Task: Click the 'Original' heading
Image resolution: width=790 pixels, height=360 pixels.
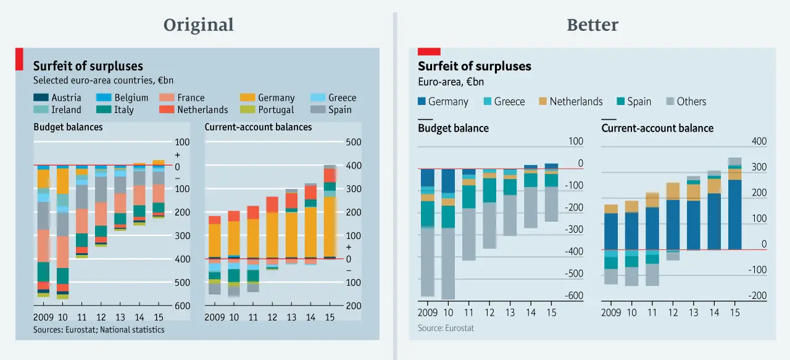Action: click(x=198, y=25)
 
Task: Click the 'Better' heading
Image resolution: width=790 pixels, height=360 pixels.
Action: click(x=592, y=25)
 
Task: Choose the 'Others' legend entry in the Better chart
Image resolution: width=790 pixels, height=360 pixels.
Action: click(x=686, y=101)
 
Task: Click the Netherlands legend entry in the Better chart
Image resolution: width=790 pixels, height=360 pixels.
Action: click(x=570, y=101)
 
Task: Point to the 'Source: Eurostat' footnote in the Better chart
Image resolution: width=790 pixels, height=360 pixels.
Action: click(x=446, y=328)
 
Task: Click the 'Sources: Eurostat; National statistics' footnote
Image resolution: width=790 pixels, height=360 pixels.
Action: click(x=99, y=330)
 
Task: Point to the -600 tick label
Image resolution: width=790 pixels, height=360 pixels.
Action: click(x=573, y=296)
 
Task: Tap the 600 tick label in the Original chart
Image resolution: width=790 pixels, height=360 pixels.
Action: click(x=182, y=306)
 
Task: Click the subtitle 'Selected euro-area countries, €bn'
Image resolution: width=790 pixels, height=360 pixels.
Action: click(x=103, y=80)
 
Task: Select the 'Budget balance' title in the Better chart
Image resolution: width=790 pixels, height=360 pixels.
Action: click(x=453, y=128)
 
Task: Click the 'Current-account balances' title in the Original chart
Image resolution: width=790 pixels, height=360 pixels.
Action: click(x=258, y=127)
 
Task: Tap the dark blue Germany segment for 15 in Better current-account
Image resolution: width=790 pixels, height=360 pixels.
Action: click(x=734, y=214)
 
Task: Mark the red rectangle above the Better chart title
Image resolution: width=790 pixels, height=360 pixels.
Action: click(x=429, y=51)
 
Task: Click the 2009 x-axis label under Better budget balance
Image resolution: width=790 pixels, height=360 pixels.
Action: click(x=427, y=312)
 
